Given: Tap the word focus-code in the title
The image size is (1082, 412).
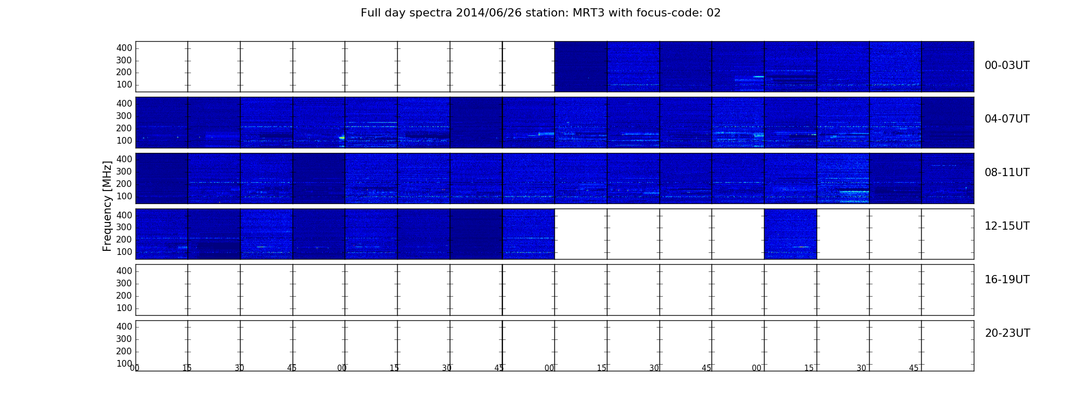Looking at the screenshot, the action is click(669, 13).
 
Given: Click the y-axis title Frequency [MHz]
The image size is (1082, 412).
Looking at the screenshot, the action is click(107, 206).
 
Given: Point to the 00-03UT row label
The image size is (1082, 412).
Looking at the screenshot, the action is click(1007, 65).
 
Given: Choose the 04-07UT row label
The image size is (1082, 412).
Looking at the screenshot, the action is click(1007, 119).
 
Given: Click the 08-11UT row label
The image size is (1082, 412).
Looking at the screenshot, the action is click(1007, 173).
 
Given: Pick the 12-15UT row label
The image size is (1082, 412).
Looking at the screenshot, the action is click(1007, 226).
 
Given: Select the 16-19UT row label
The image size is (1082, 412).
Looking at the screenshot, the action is click(1007, 280).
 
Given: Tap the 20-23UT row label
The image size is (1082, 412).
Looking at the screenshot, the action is click(1007, 333).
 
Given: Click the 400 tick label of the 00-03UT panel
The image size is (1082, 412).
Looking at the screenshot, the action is click(124, 48).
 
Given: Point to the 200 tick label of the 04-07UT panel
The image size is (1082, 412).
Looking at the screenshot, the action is click(124, 128).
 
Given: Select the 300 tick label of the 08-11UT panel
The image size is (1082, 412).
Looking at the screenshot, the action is click(124, 171).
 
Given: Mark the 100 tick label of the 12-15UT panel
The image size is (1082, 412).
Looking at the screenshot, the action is click(124, 252).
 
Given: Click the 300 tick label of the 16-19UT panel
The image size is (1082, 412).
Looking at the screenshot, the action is click(124, 283).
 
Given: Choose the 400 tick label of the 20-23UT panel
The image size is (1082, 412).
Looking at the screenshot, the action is click(124, 327).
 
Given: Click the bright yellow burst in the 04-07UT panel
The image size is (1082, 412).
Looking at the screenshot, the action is click(342, 138).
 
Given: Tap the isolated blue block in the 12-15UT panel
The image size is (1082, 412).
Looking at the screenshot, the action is click(790, 234).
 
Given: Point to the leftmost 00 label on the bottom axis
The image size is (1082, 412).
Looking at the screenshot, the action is click(134, 368).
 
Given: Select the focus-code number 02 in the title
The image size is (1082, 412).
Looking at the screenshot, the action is click(714, 13).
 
